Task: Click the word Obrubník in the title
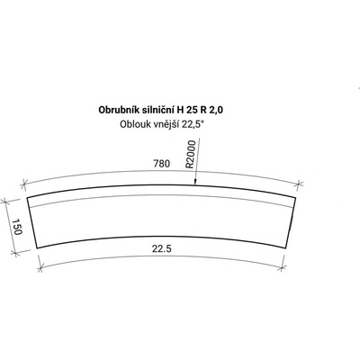click(117, 110)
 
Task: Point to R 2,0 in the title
click(211, 111)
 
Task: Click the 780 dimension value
click(162, 164)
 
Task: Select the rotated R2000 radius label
click(191, 154)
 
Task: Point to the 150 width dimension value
click(17, 227)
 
